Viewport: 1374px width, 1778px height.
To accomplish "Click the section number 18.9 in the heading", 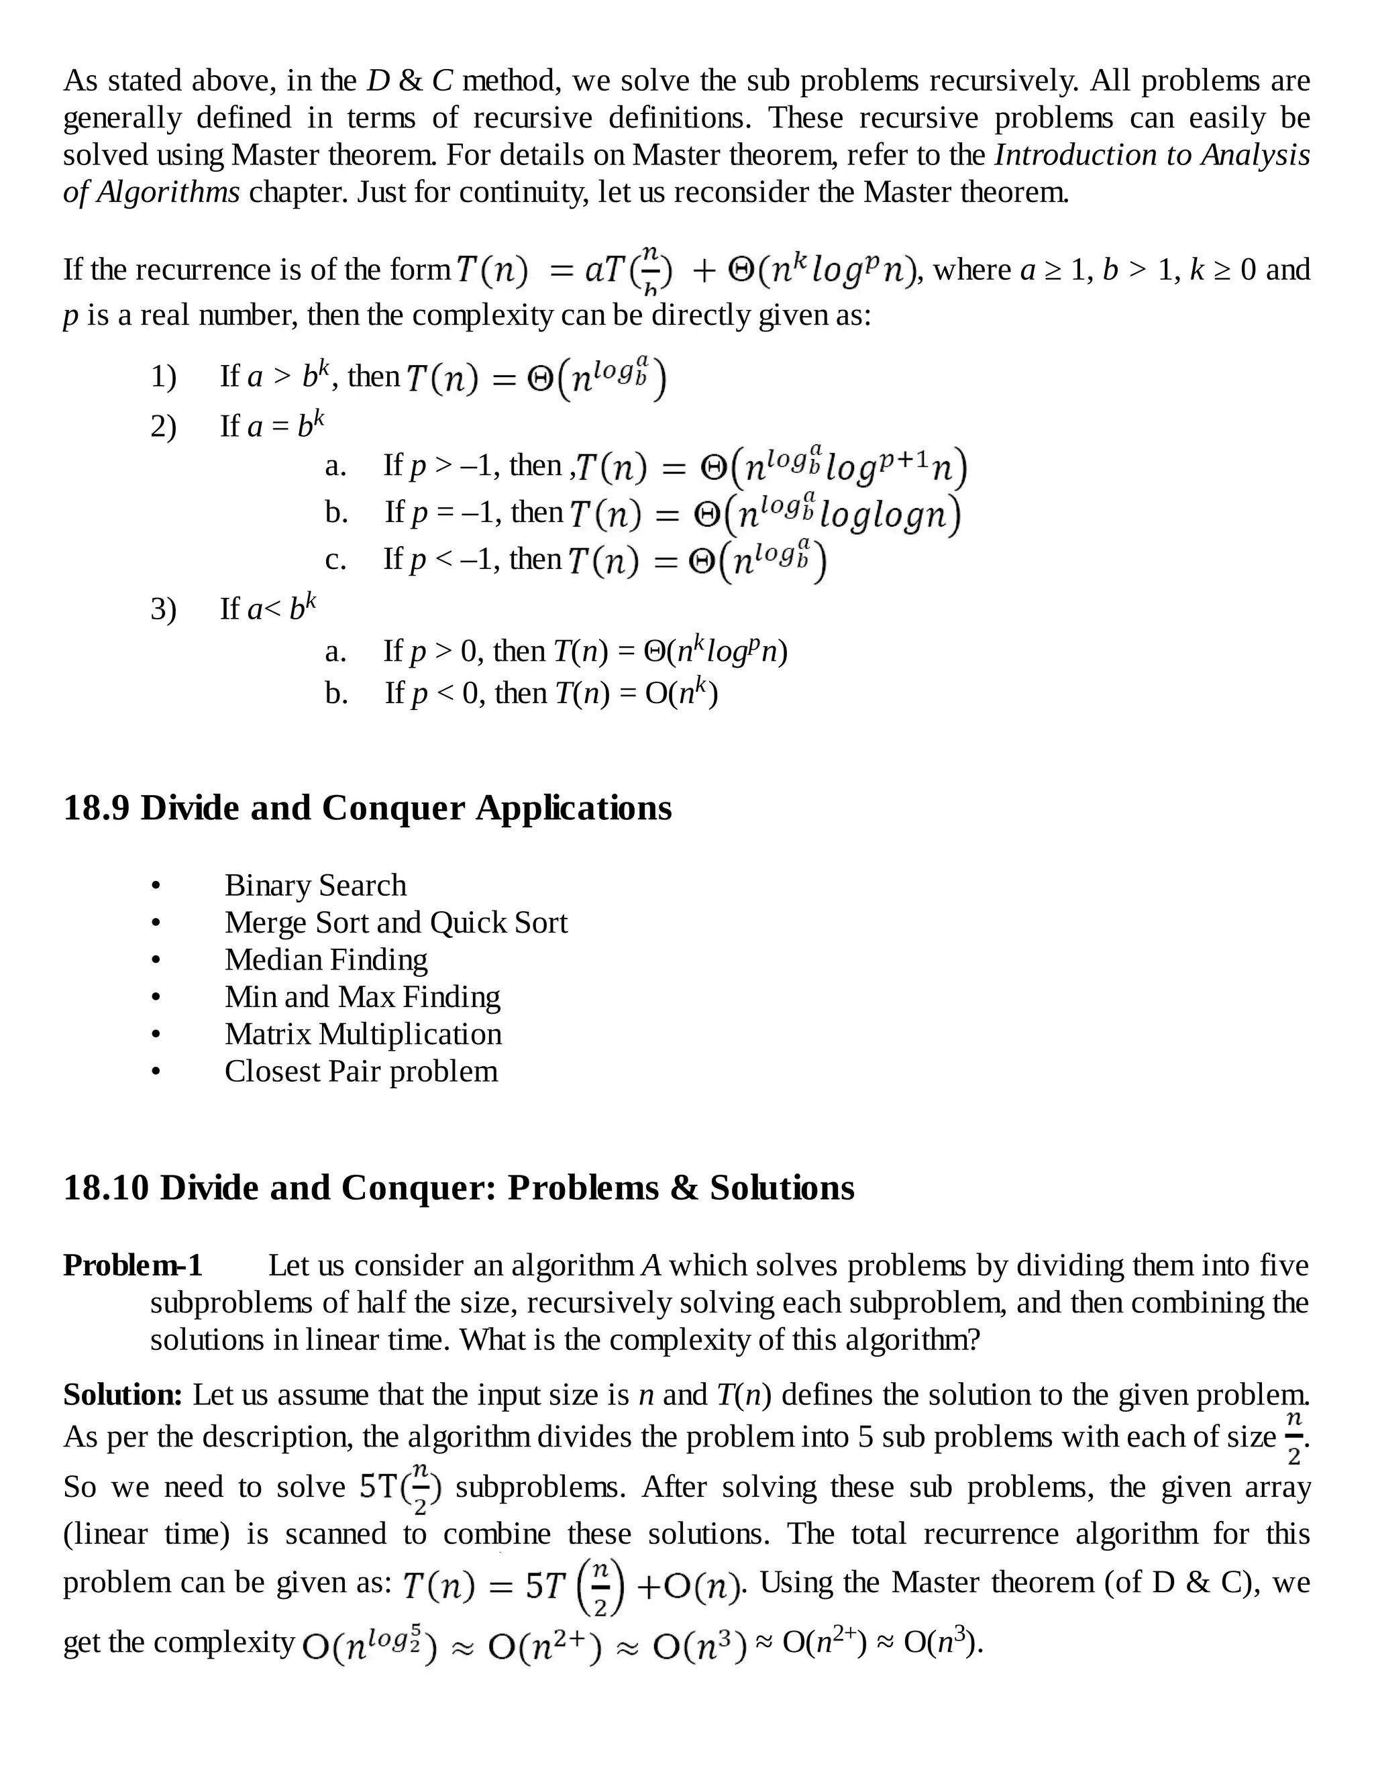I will (x=96, y=808).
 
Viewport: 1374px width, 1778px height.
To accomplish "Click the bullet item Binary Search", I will (x=315, y=885).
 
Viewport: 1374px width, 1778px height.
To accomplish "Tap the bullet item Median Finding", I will (x=325, y=960).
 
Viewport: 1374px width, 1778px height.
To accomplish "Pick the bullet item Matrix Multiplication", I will (x=363, y=1034).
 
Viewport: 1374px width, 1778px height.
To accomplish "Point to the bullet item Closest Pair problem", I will (x=360, y=1071).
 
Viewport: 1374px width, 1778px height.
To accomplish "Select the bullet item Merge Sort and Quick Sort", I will (x=396, y=923).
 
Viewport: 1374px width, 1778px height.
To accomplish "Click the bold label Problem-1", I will (x=133, y=1266).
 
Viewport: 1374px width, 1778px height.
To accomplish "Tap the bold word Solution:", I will (x=123, y=1396).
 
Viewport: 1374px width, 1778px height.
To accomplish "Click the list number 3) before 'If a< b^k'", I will (x=163, y=609).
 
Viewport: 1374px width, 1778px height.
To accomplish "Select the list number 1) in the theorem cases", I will (x=163, y=377).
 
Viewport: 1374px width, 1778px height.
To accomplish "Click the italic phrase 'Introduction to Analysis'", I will (x=1152, y=155).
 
